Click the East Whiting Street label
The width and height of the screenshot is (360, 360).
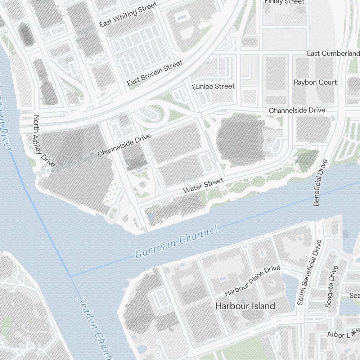pos(128,14)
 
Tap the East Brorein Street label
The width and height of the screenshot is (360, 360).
pos(155,73)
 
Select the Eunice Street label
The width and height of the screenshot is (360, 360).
pos(213,86)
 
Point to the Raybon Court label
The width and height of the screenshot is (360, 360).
pos(315,82)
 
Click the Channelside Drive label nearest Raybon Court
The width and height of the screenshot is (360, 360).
pos(297,110)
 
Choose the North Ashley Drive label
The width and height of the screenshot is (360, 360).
pos(44,141)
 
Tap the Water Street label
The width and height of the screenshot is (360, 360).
pos(203,185)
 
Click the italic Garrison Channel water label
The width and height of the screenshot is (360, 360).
pos(177,242)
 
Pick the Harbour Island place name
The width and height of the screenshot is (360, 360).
pos(245,306)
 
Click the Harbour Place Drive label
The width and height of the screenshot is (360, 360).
pos(252,281)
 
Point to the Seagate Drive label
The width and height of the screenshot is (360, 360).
pos(332,287)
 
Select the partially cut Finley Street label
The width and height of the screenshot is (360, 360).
pos(284,2)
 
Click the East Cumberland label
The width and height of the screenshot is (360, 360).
pos(333,53)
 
